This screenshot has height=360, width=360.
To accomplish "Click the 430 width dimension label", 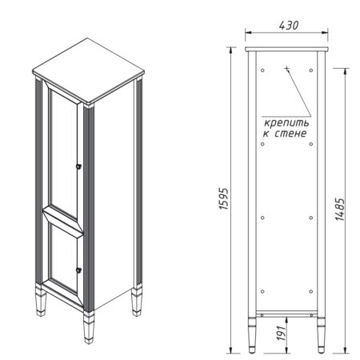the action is click(289, 25).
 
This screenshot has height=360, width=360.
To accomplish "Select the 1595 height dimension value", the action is click(223, 199).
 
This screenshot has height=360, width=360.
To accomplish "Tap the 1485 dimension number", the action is click(340, 209).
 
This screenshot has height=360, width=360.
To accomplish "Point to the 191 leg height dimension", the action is click(282, 333).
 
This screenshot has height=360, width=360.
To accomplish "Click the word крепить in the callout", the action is click(286, 123).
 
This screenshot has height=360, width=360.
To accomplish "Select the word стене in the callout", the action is click(290, 134).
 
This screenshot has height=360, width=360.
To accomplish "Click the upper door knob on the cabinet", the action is click(78, 166).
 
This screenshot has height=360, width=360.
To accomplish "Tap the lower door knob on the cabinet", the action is click(78, 270).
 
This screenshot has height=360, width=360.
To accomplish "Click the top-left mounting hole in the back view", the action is click(262, 70).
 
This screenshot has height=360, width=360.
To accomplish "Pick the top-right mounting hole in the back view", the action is click(311, 70).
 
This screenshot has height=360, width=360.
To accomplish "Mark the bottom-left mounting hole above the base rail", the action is click(262, 291).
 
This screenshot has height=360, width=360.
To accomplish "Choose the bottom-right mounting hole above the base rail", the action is click(311, 291).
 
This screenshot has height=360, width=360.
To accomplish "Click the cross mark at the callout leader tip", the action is click(287, 69).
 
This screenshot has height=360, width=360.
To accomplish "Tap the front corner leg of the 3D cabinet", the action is click(89, 327).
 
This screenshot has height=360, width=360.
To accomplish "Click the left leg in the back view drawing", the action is click(252, 335).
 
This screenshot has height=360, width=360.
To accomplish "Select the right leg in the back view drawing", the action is click(321, 335).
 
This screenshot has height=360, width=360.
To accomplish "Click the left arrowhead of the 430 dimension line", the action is click(248, 33).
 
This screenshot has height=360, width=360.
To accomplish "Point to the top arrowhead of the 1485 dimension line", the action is click(346, 71).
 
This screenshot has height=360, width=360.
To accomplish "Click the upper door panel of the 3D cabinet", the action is click(64, 150).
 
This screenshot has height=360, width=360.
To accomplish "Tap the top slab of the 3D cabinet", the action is click(88, 71).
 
